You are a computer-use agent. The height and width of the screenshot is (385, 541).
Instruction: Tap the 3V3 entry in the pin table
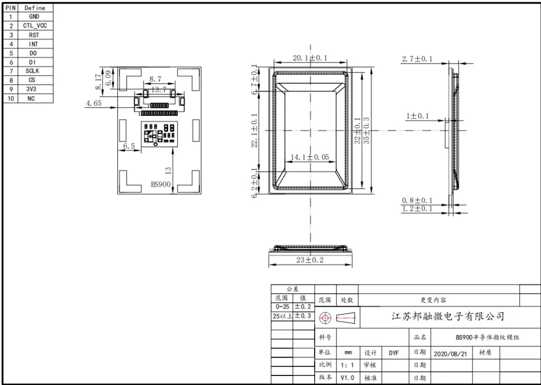(x=31, y=89)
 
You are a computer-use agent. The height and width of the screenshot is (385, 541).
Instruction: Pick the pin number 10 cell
(x=10, y=99)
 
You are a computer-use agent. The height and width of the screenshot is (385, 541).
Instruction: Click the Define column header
(x=34, y=8)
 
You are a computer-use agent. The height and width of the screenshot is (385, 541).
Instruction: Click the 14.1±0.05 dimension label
(x=310, y=157)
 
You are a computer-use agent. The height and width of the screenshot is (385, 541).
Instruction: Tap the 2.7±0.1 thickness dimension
(x=417, y=59)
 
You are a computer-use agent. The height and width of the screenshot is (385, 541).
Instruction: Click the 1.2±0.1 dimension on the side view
(x=417, y=209)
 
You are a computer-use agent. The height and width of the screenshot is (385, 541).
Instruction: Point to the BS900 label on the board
(x=161, y=184)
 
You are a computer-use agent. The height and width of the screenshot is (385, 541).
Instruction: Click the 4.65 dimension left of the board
(x=94, y=103)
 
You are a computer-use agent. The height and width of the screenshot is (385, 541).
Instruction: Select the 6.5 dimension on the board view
(x=129, y=146)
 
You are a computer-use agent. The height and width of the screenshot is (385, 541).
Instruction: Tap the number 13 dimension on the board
(x=168, y=170)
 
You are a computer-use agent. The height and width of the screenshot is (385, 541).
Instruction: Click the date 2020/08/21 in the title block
(x=450, y=353)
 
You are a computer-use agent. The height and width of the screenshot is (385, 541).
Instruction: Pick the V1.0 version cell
(x=347, y=378)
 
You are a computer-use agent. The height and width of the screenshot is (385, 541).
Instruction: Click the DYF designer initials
(x=394, y=353)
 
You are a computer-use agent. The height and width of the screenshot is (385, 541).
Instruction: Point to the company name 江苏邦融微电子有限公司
(x=447, y=317)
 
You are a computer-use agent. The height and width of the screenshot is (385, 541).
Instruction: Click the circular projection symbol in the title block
(x=325, y=318)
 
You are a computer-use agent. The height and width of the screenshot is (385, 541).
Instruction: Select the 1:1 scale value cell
(x=347, y=365)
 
